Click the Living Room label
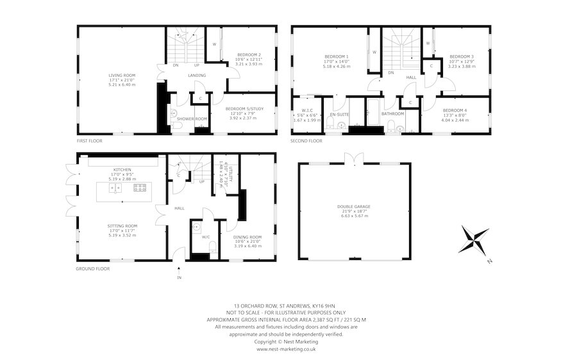click(x=118, y=75)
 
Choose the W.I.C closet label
click(x=306, y=110)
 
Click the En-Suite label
click(x=338, y=114)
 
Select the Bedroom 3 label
click(x=459, y=56)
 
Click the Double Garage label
click(x=354, y=207)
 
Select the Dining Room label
click(x=247, y=237)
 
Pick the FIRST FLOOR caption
click(x=91, y=140)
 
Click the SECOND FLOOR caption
click(x=306, y=140)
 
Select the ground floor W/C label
click(x=206, y=236)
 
